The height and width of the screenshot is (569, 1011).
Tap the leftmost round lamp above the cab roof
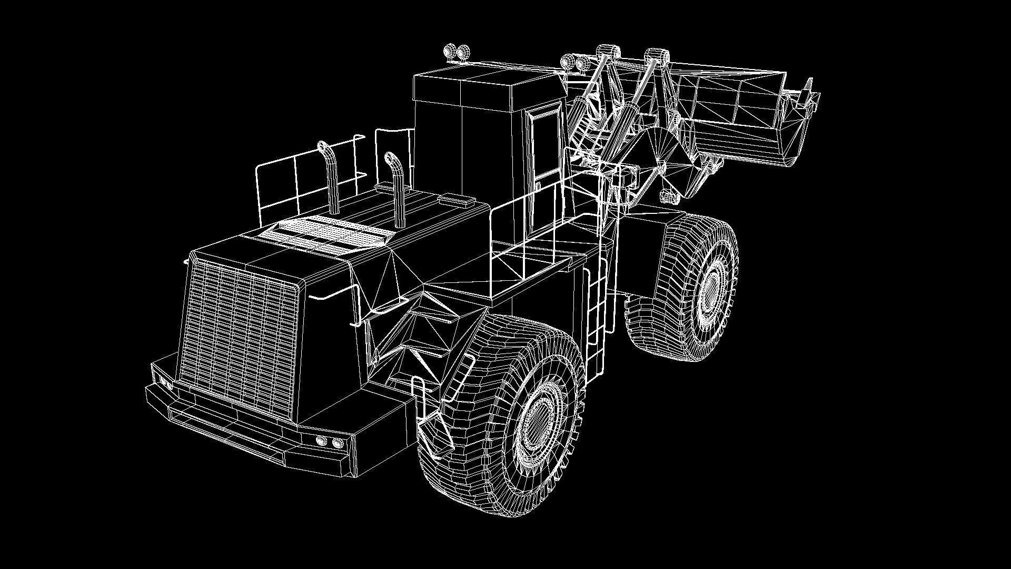pos(451,52)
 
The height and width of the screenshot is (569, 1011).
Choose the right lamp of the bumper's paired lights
pos(336,443)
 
